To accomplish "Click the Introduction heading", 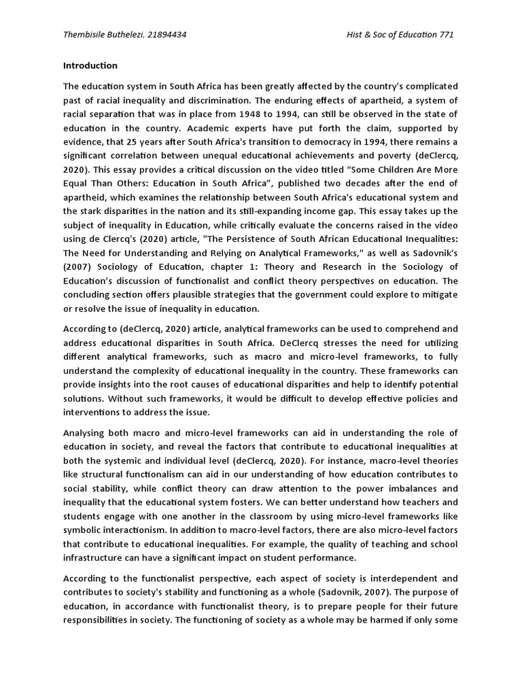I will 90,66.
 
